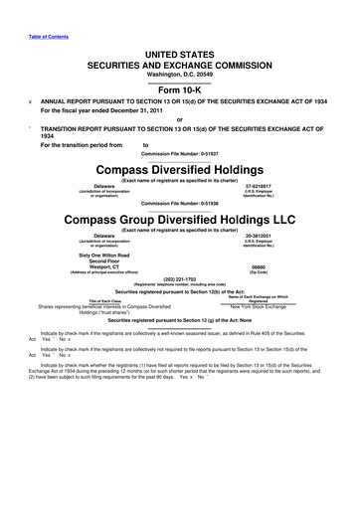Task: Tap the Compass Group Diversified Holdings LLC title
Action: pyautogui.click(x=180, y=219)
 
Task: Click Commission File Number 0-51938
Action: pyautogui.click(x=180, y=204)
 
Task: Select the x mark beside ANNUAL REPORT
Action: pyautogui.click(x=30, y=101)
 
